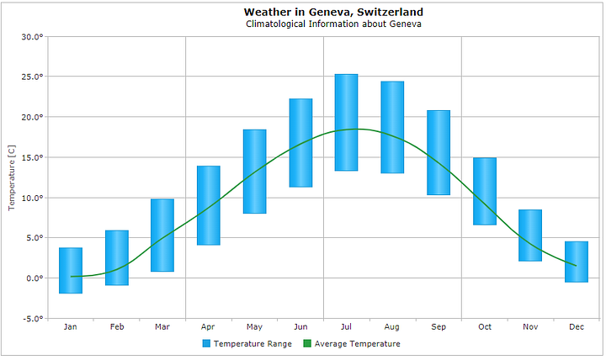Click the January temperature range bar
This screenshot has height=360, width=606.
(x=71, y=271)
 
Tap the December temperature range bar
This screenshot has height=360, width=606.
(x=577, y=262)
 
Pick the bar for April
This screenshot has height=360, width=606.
(x=209, y=205)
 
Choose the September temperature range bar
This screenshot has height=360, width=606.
(x=439, y=153)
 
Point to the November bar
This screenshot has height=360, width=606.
(x=530, y=236)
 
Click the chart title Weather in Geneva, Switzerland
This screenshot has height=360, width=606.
(x=333, y=12)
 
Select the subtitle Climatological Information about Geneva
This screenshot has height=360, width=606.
(x=333, y=24)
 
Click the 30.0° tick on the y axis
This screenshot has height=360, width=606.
(x=32, y=37)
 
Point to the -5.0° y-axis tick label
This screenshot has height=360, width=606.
(x=32, y=319)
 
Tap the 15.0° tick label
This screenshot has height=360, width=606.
(x=32, y=157)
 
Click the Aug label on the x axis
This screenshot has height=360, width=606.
(x=392, y=326)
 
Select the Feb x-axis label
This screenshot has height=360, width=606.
(x=117, y=326)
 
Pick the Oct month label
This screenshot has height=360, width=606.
(x=484, y=326)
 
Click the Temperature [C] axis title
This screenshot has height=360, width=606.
(x=11, y=177)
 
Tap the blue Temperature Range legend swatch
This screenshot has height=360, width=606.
(x=206, y=344)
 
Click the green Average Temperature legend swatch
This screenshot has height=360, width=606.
(x=307, y=344)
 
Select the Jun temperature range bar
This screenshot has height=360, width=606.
(x=300, y=143)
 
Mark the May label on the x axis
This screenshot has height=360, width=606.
(x=254, y=326)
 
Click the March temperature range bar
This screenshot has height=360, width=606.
(x=162, y=236)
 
